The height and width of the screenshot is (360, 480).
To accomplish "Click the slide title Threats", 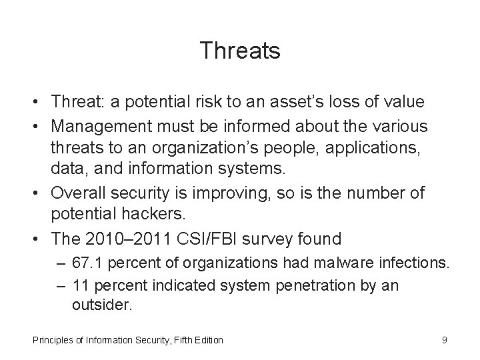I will coord(239,50).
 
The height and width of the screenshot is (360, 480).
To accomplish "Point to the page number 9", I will coord(444,341).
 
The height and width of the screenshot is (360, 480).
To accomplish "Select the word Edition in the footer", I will coord(208,341).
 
